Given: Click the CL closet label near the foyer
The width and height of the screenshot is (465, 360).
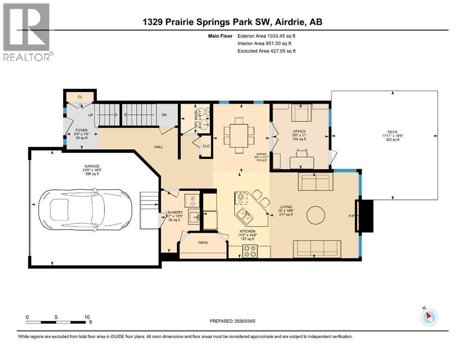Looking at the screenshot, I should coord(80,97).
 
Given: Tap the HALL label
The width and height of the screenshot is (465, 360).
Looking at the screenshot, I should coord(158,147).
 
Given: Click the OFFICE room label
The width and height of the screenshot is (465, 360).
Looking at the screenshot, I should coord(299,131).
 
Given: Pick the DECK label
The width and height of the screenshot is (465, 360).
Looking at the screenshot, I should coord(392,132).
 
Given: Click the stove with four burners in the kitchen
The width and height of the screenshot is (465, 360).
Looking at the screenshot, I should coord(249,252).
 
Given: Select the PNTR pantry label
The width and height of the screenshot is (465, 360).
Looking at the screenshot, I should coord(202,243).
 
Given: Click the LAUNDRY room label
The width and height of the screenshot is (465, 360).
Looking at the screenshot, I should coord(174,212).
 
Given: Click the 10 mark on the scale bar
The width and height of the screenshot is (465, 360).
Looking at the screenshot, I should coord(87,317).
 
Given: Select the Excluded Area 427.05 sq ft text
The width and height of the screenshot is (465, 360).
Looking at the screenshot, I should coord(267,51).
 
